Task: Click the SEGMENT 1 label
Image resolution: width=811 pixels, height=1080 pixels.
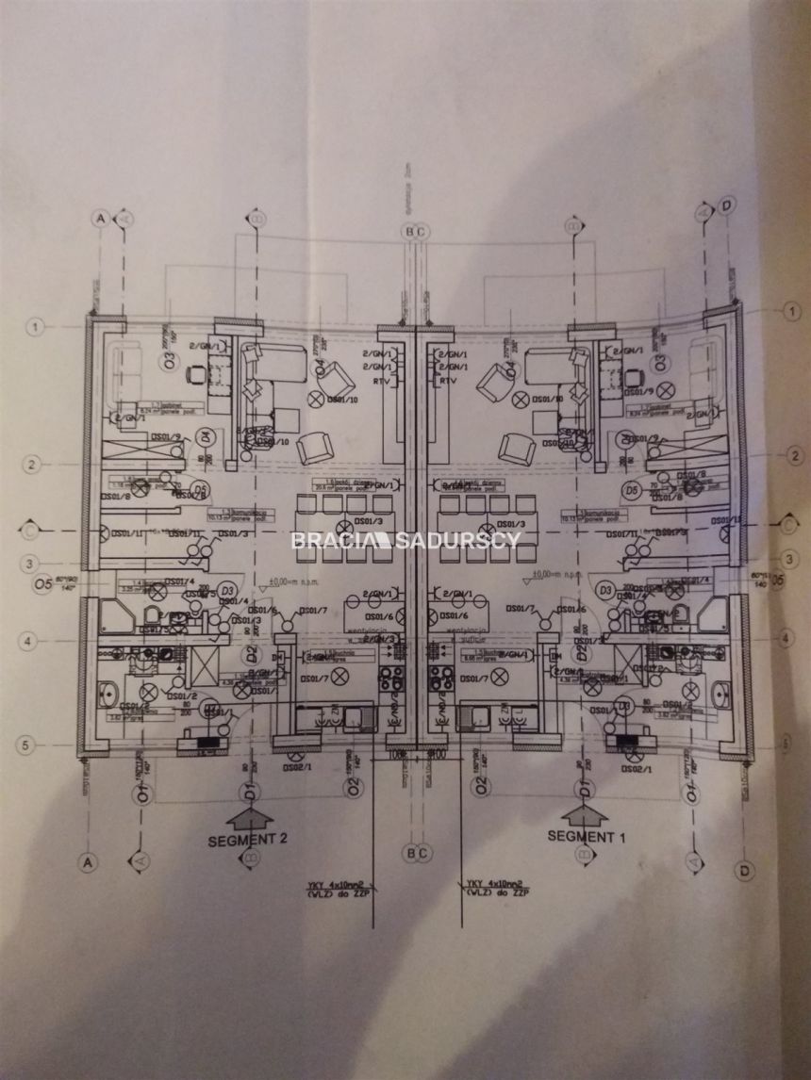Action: pos(587,836)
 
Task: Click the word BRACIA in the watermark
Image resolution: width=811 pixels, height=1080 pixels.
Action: pos(327,540)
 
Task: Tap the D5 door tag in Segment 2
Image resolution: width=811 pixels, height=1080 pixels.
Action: pos(199,488)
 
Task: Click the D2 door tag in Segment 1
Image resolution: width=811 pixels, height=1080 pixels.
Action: pos(583,650)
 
